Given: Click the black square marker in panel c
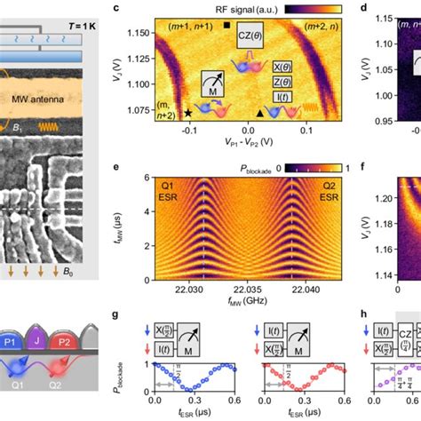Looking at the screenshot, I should point(229,28).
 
